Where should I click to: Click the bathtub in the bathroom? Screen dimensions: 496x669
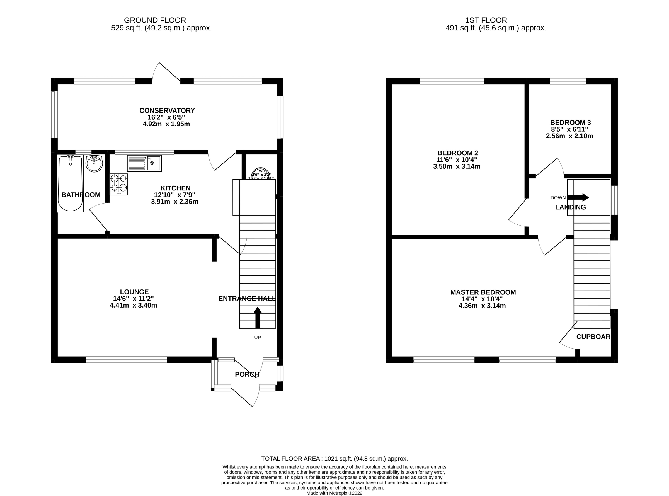pos(70,183)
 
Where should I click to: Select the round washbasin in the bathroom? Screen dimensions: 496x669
pos(94,163)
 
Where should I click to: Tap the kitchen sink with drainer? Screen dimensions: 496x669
pos(144,163)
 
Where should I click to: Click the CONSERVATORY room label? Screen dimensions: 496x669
pos(167,110)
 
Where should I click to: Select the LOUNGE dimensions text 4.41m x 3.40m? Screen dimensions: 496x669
pos(134,305)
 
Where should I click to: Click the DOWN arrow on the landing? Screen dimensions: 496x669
pos(578,197)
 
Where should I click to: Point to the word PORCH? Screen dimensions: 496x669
pos(247,374)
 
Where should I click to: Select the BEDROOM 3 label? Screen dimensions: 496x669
pos(570,122)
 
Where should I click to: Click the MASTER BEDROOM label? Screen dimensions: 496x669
pos(483,292)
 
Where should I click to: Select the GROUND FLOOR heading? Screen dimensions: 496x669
pos(155,20)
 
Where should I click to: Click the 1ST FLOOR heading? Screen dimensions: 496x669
pos(486,20)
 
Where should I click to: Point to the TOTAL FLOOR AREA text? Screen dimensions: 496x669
pos(334,458)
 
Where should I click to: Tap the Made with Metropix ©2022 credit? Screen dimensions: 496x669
pos(334,493)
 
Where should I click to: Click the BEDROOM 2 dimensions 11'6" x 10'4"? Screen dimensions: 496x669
pos(457,160)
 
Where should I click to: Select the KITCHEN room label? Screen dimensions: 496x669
pos(175,188)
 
